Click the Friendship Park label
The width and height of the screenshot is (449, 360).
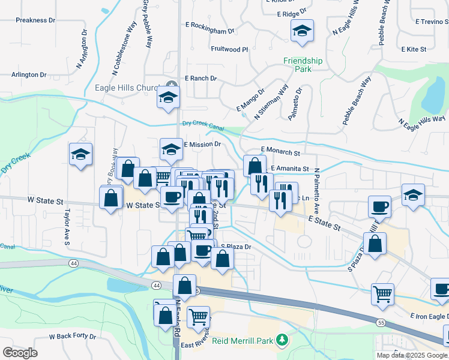[x=303, y=65]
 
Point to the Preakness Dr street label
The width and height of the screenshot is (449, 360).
[x=35, y=20]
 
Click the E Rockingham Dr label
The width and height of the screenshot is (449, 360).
[x=209, y=31]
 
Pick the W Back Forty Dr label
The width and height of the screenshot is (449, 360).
[x=72, y=337]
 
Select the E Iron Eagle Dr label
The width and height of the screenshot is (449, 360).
[x=429, y=316]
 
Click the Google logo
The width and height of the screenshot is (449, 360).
[x=20, y=352]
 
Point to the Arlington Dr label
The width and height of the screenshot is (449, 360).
[x=29, y=75]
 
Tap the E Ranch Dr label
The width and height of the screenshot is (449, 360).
[x=200, y=78]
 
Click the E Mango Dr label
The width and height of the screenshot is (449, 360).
[x=250, y=100]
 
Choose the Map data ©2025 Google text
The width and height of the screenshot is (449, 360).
[x=412, y=355]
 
